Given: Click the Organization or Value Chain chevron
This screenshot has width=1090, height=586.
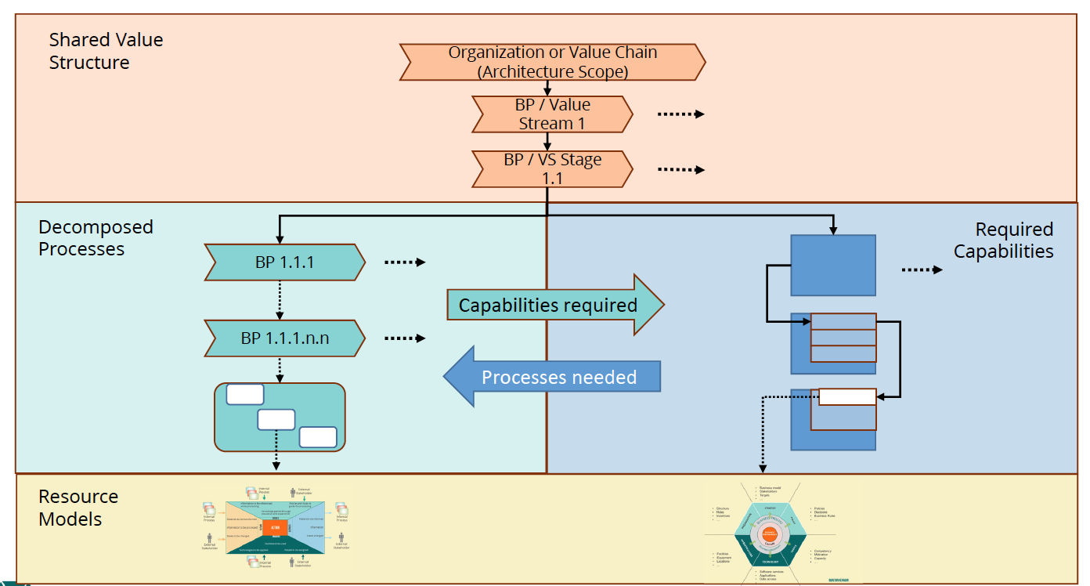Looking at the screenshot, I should pyautogui.click(x=552, y=62).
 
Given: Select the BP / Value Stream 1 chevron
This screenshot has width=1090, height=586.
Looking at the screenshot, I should pyautogui.click(x=552, y=114).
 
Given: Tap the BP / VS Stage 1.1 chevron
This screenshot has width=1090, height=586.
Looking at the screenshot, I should pyautogui.click(x=552, y=169).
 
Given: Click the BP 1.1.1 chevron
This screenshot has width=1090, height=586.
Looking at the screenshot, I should pyautogui.click(x=284, y=262).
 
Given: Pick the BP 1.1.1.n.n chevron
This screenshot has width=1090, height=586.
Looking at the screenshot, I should pyautogui.click(x=284, y=338).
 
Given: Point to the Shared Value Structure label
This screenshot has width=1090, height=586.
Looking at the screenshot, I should pyautogui.click(x=106, y=51).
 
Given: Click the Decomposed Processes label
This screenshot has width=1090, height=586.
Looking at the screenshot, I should pyautogui.click(x=96, y=238).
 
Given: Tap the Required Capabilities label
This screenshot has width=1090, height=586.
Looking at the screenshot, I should pyautogui.click(x=1004, y=241).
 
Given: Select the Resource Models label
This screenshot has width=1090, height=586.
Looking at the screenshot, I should pyautogui.click(x=78, y=508).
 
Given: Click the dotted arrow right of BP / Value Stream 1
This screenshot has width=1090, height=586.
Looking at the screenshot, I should pyautogui.click(x=680, y=114).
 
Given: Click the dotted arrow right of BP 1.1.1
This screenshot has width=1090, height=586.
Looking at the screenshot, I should pyautogui.click(x=405, y=262).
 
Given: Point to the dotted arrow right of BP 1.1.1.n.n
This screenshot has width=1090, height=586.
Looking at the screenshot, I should pyautogui.click(x=405, y=338).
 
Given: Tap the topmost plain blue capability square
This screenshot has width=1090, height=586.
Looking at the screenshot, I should pyautogui.click(x=833, y=265).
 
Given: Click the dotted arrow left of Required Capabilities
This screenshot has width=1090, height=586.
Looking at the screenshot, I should pyautogui.click(x=922, y=269).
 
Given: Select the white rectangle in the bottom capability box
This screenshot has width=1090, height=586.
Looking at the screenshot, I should pyautogui.click(x=847, y=397).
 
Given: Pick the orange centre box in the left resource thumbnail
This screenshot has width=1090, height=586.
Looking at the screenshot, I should pyautogui.click(x=272, y=529).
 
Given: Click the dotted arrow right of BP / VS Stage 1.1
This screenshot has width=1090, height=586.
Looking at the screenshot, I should pyautogui.click(x=680, y=169).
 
